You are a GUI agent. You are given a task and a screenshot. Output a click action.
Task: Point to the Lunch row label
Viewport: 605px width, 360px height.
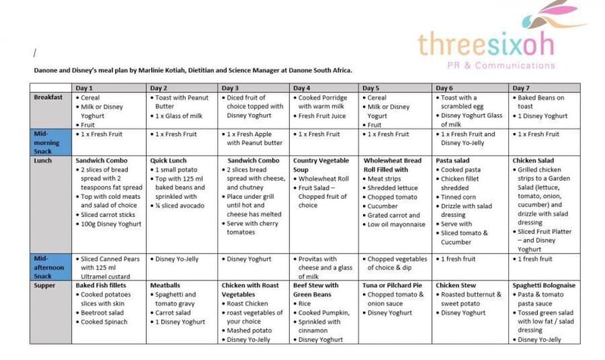click(x=45, y=160)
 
